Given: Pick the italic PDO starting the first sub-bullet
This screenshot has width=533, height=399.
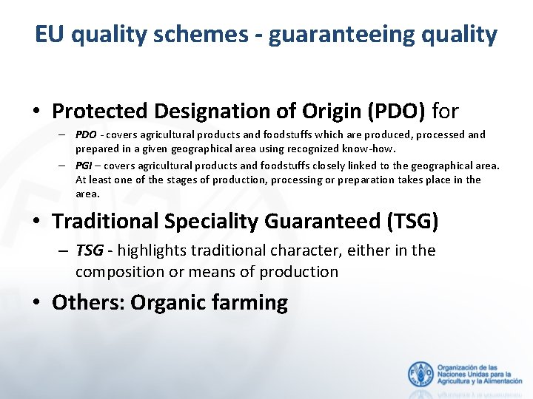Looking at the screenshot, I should [86, 134].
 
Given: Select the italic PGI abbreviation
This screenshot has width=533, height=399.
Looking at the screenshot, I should [84, 166].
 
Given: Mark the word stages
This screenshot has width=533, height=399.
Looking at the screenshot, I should [184, 180].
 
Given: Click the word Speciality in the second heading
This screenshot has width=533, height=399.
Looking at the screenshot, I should [207, 221].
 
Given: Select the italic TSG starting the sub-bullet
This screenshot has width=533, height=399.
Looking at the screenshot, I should [90, 250].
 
